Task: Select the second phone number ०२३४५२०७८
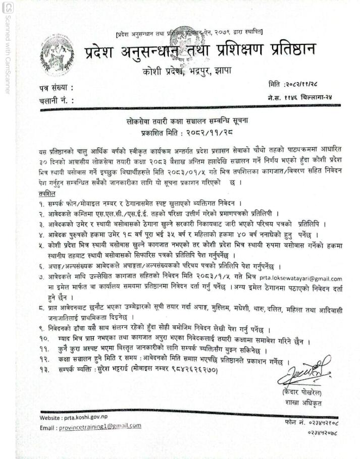tap(322, 432)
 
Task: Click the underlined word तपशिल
tap(47, 194)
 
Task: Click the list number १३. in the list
tap(43, 370)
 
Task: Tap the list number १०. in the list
tap(43, 340)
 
